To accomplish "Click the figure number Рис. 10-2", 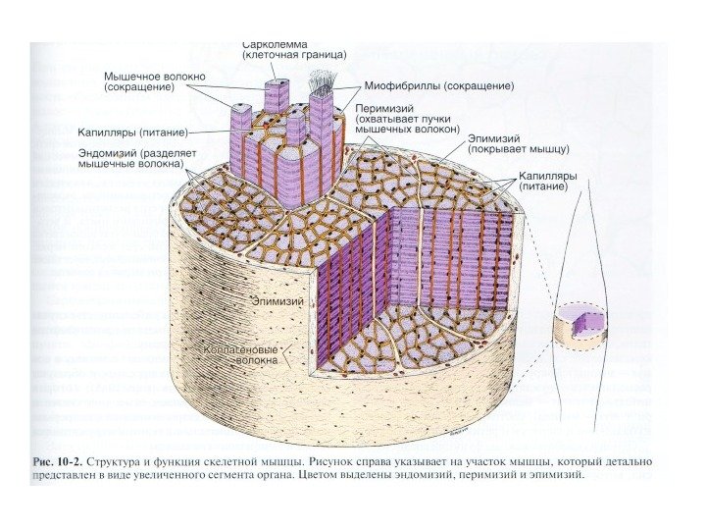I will point(57,460).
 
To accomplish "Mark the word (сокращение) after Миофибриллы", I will point(478,86).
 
